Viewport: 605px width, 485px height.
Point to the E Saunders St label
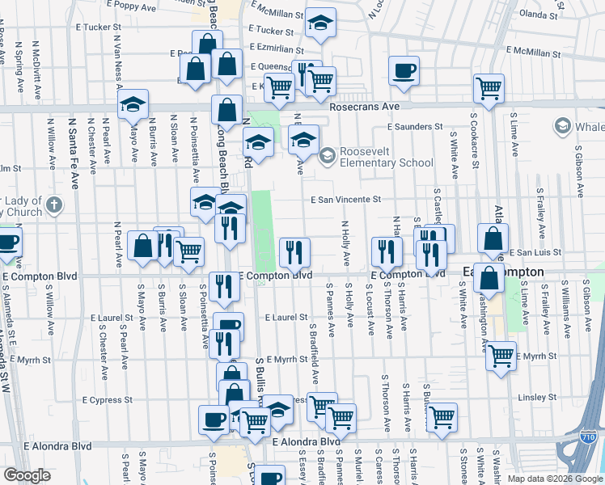click(414, 126)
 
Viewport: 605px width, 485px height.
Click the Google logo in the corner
click(27, 474)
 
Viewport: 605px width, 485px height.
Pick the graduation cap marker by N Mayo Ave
click(133, 105)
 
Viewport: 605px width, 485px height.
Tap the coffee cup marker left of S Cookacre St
click(404, 70)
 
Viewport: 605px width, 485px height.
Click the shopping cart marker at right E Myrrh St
click(501, 355)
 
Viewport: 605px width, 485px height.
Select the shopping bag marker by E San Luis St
click(493, 239)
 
